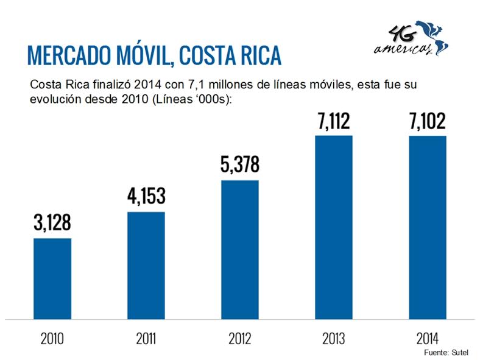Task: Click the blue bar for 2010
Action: (x=52, y=278)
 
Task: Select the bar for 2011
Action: (x=146, y=265)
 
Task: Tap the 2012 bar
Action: (x=240, y=249)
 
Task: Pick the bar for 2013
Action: (x=334, y=227)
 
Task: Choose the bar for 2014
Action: (x=428, y=227)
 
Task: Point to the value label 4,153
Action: (x=146, y=197)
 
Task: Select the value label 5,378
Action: (x=240, y=164)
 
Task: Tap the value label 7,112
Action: (x=334, y=121)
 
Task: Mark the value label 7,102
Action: (x=428, y=121)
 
